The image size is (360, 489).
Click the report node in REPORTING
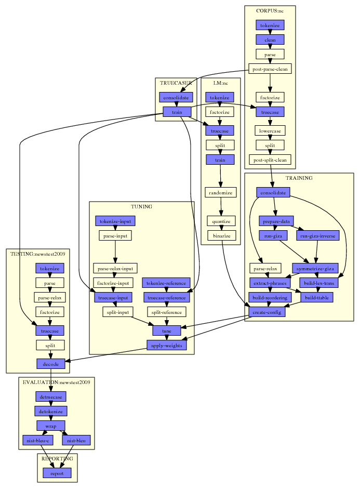coord(57,473)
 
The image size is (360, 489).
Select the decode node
coord(51,364)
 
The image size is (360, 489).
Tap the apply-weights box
coord(166,345)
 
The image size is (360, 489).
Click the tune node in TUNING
coord(167,331)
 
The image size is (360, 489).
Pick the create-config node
coord(267,312)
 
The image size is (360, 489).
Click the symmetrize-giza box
coord(315,268)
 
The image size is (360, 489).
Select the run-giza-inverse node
coord(318,236)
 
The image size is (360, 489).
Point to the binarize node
coord(222,235)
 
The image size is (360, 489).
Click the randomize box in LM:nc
coord(221,192)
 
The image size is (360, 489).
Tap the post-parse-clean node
coord(270,69)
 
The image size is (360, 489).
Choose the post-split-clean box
coord(270,160)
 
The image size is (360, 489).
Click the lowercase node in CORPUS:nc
coord(270,130)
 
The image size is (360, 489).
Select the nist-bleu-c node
coord(38,440)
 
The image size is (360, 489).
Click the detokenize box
coord(51,412)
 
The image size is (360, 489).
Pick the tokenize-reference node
coord(166,283)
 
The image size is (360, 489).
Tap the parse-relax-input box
coord(115,268)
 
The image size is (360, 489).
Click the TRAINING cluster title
coord(299,178)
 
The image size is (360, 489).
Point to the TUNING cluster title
coord(141,206)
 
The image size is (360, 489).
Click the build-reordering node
coord(270,297)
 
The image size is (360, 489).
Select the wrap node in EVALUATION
coord(51,426)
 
